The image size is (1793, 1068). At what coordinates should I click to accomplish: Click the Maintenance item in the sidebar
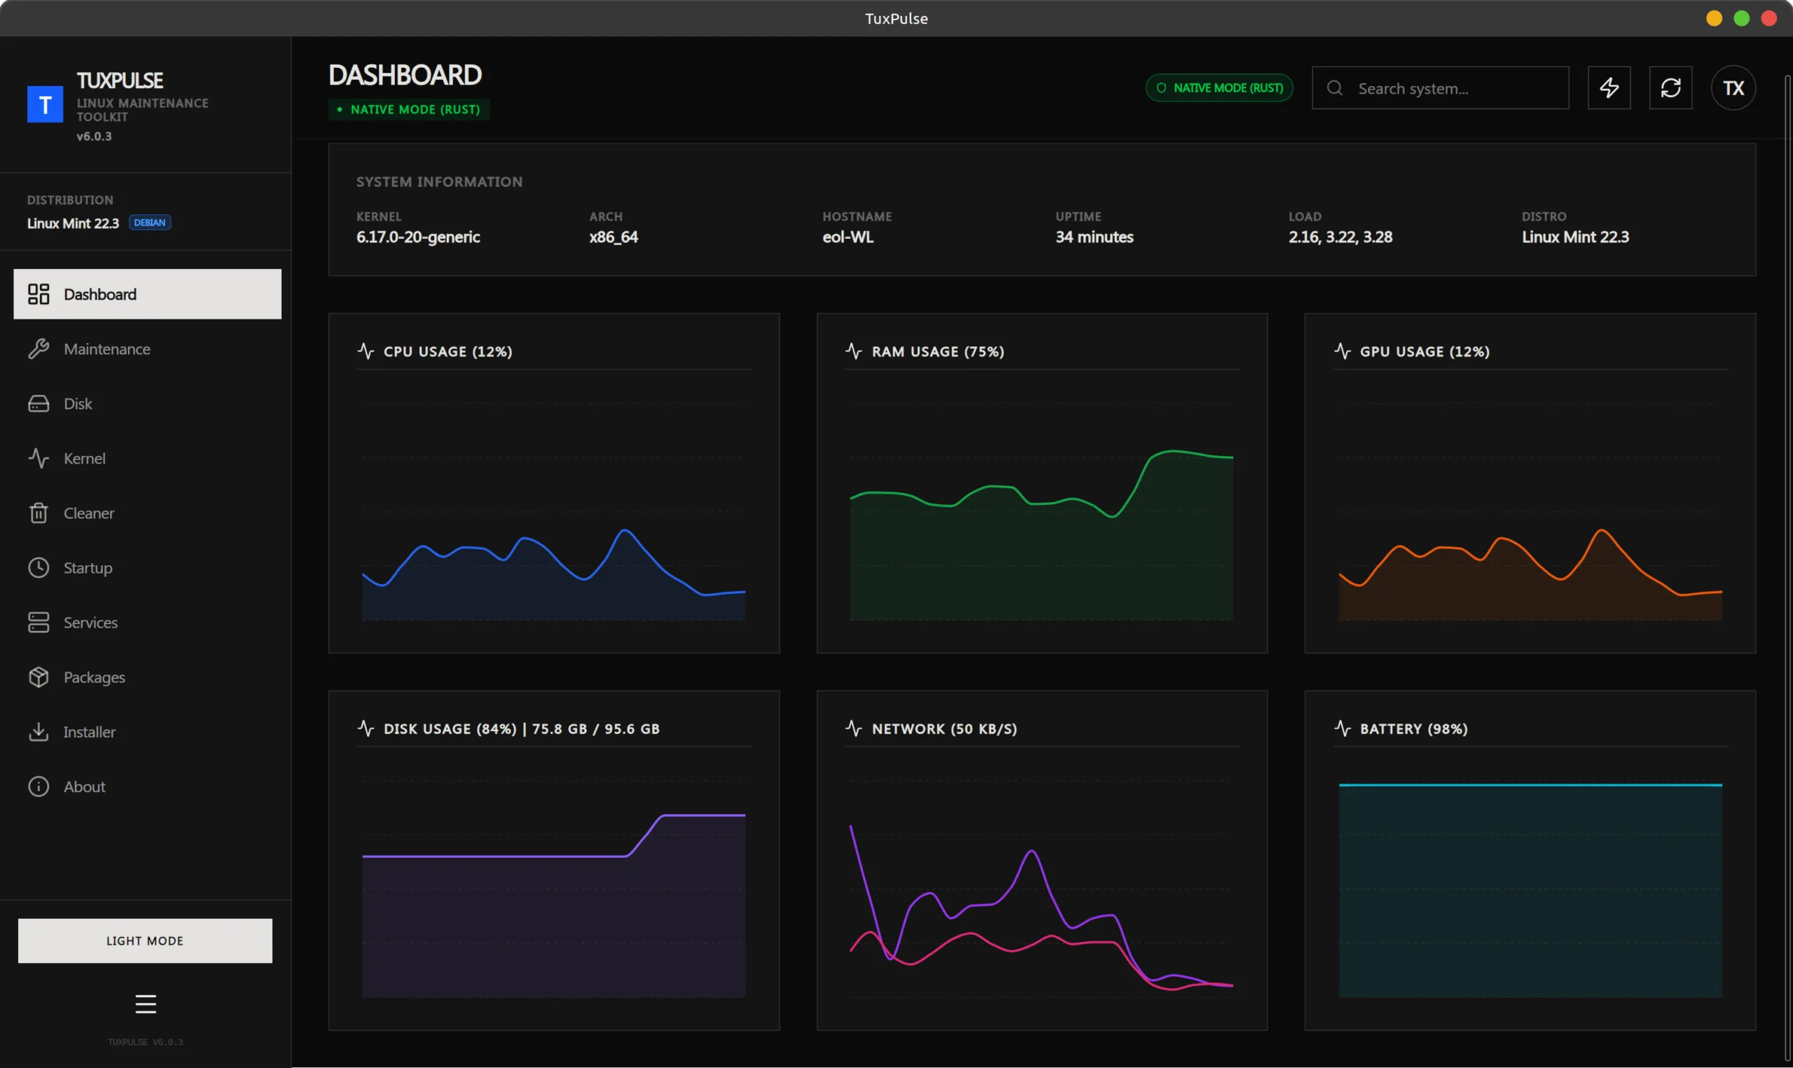106,349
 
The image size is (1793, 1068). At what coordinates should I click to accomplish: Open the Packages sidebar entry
94,677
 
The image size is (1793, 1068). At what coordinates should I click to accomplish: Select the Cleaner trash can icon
38,513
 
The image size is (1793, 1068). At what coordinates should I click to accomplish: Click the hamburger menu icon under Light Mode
146,1004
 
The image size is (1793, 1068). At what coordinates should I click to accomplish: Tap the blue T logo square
45,105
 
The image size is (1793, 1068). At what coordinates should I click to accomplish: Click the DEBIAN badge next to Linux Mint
150,223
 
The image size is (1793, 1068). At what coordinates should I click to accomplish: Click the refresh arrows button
1670,88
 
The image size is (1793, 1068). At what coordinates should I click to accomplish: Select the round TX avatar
1733,88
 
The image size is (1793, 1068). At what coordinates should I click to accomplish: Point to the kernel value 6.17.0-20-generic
418,237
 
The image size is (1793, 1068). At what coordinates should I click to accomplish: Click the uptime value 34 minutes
1093,237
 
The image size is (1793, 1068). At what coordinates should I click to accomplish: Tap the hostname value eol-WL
847,237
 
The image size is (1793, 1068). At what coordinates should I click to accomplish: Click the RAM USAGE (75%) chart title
937,351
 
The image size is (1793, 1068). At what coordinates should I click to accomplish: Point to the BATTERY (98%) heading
1413,728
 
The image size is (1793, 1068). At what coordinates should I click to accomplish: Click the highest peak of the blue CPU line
625,531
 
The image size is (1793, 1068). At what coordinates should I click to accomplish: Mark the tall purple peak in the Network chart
1032,852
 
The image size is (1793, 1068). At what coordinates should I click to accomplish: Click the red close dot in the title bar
1768,18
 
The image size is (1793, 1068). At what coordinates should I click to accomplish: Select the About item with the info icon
83,786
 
